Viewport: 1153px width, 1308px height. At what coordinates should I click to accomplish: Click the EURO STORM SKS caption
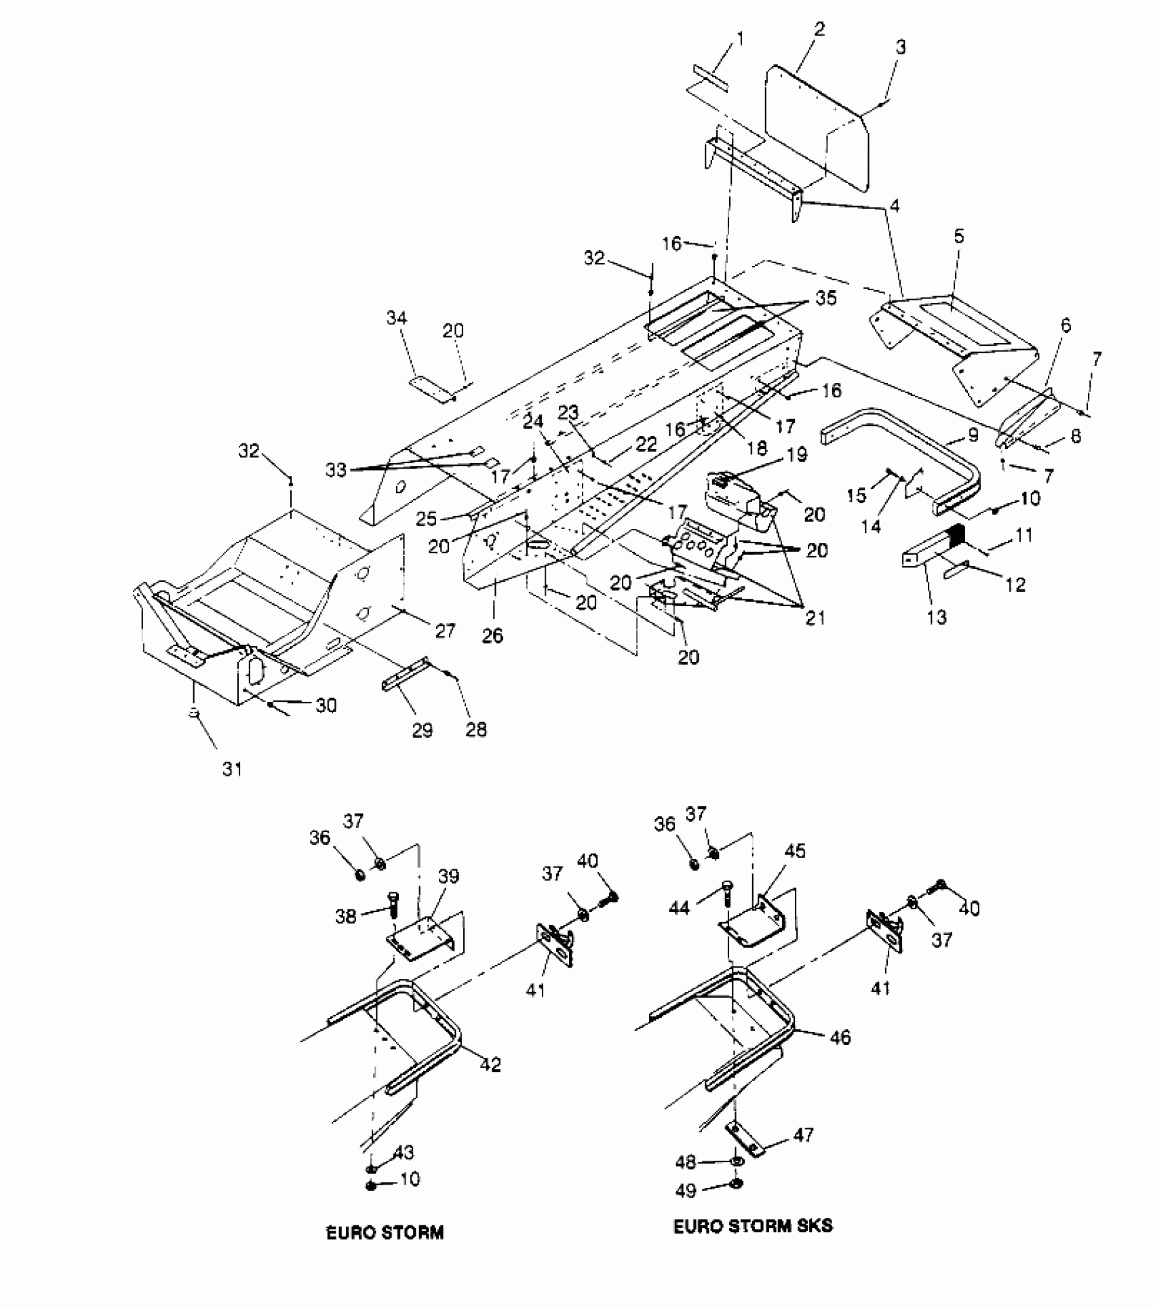(x=753, y=1225)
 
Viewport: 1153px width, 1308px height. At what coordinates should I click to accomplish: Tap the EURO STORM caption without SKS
(x=385, y=1232)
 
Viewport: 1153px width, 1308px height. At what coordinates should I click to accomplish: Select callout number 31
(x=232, y=769)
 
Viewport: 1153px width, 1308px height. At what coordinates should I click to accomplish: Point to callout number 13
(x=937, y=617)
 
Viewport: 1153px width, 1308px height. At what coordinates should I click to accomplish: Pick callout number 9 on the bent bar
(x=973, y=435)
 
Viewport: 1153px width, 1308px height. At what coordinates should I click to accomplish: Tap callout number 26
(x=493, y=635)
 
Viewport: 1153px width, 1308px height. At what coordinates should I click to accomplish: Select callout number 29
(x=423, y=730)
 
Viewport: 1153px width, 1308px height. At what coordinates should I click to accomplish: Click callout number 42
(x=490, y=1065)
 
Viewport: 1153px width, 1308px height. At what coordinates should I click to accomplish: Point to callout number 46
(x=840, y=1037)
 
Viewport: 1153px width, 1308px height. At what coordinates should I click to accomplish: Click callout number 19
(x=798, y=454)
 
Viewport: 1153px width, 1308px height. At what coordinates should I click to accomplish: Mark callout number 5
(x=958, y=237)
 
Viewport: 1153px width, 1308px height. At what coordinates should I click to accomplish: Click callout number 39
(x=448, y=876)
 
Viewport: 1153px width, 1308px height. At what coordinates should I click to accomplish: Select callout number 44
(x=679, y=907)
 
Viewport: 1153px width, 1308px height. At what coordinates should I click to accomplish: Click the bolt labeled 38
(x=394, y=905)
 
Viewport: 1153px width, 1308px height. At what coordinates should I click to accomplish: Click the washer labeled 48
(x=737, y=1162)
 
